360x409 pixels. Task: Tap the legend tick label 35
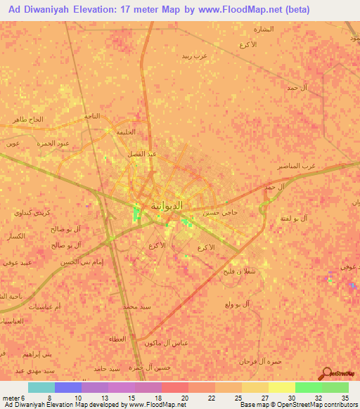tap(345, 397)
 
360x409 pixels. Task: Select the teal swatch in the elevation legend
tap(41, 387)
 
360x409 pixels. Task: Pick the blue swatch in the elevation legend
tap(68, 387)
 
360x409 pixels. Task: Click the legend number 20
tap(184, 397)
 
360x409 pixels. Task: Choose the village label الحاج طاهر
tap(27, 119)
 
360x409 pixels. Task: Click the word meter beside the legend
tap(11, 397)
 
